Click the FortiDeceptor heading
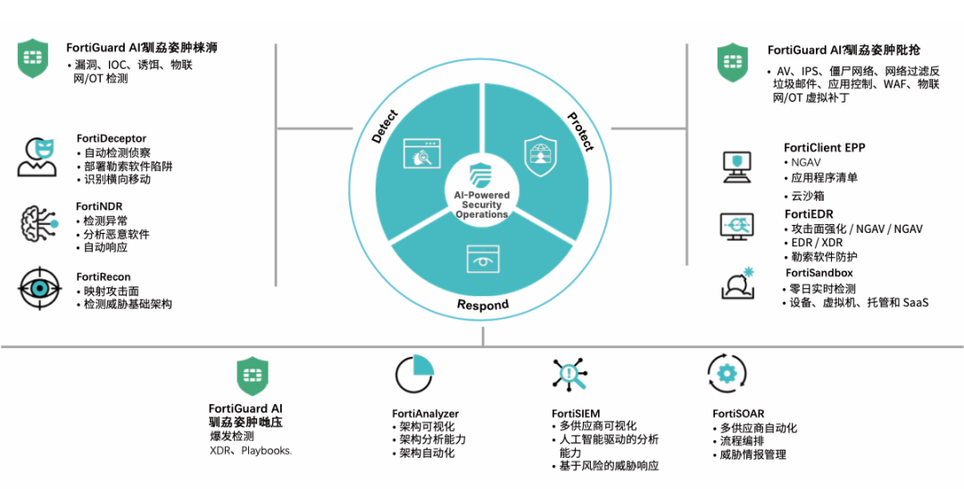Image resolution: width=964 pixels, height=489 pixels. coord(111,138)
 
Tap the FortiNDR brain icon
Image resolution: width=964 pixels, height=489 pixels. coord(37,223)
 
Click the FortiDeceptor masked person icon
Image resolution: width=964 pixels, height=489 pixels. coord(37,157)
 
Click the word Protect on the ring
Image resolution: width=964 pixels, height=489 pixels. coord(580,130)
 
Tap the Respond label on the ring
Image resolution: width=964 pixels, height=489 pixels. coord(483,305)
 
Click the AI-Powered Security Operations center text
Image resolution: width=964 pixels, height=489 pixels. coord(483,205)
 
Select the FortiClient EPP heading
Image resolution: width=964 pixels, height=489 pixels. coord(824,147)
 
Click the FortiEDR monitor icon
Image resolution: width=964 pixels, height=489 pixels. coord(737,227)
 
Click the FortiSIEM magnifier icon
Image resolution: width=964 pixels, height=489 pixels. coord(569,375)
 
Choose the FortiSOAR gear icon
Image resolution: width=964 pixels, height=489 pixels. coord(727,373)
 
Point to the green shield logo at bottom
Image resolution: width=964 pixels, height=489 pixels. coord(252,377)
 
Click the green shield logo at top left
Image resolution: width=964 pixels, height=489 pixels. coord(33,58)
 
